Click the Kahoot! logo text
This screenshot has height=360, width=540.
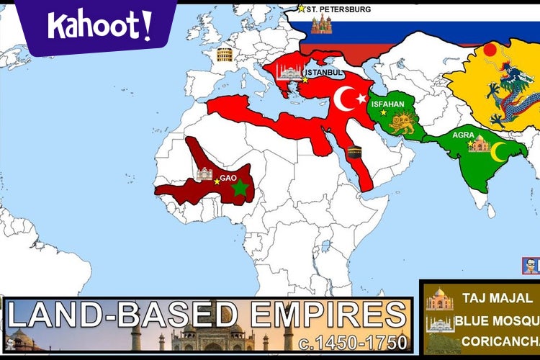tap(99, 26)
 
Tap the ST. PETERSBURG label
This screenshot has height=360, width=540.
tap(338, 9)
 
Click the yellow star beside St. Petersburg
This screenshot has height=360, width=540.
tap(301, 9)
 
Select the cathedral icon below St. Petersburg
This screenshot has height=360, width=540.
tap(321, 24)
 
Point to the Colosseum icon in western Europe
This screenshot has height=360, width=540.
tap(225, 55)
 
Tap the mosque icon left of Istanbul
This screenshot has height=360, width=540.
tap(289, 71)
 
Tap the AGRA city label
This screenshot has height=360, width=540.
tap(463, 135)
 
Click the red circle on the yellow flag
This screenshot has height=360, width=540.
tap(490, 50)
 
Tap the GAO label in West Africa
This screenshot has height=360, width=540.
tap(228, 178)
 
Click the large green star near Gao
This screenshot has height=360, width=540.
tap(240, 188)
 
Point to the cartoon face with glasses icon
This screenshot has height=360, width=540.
tap(531, 266)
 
